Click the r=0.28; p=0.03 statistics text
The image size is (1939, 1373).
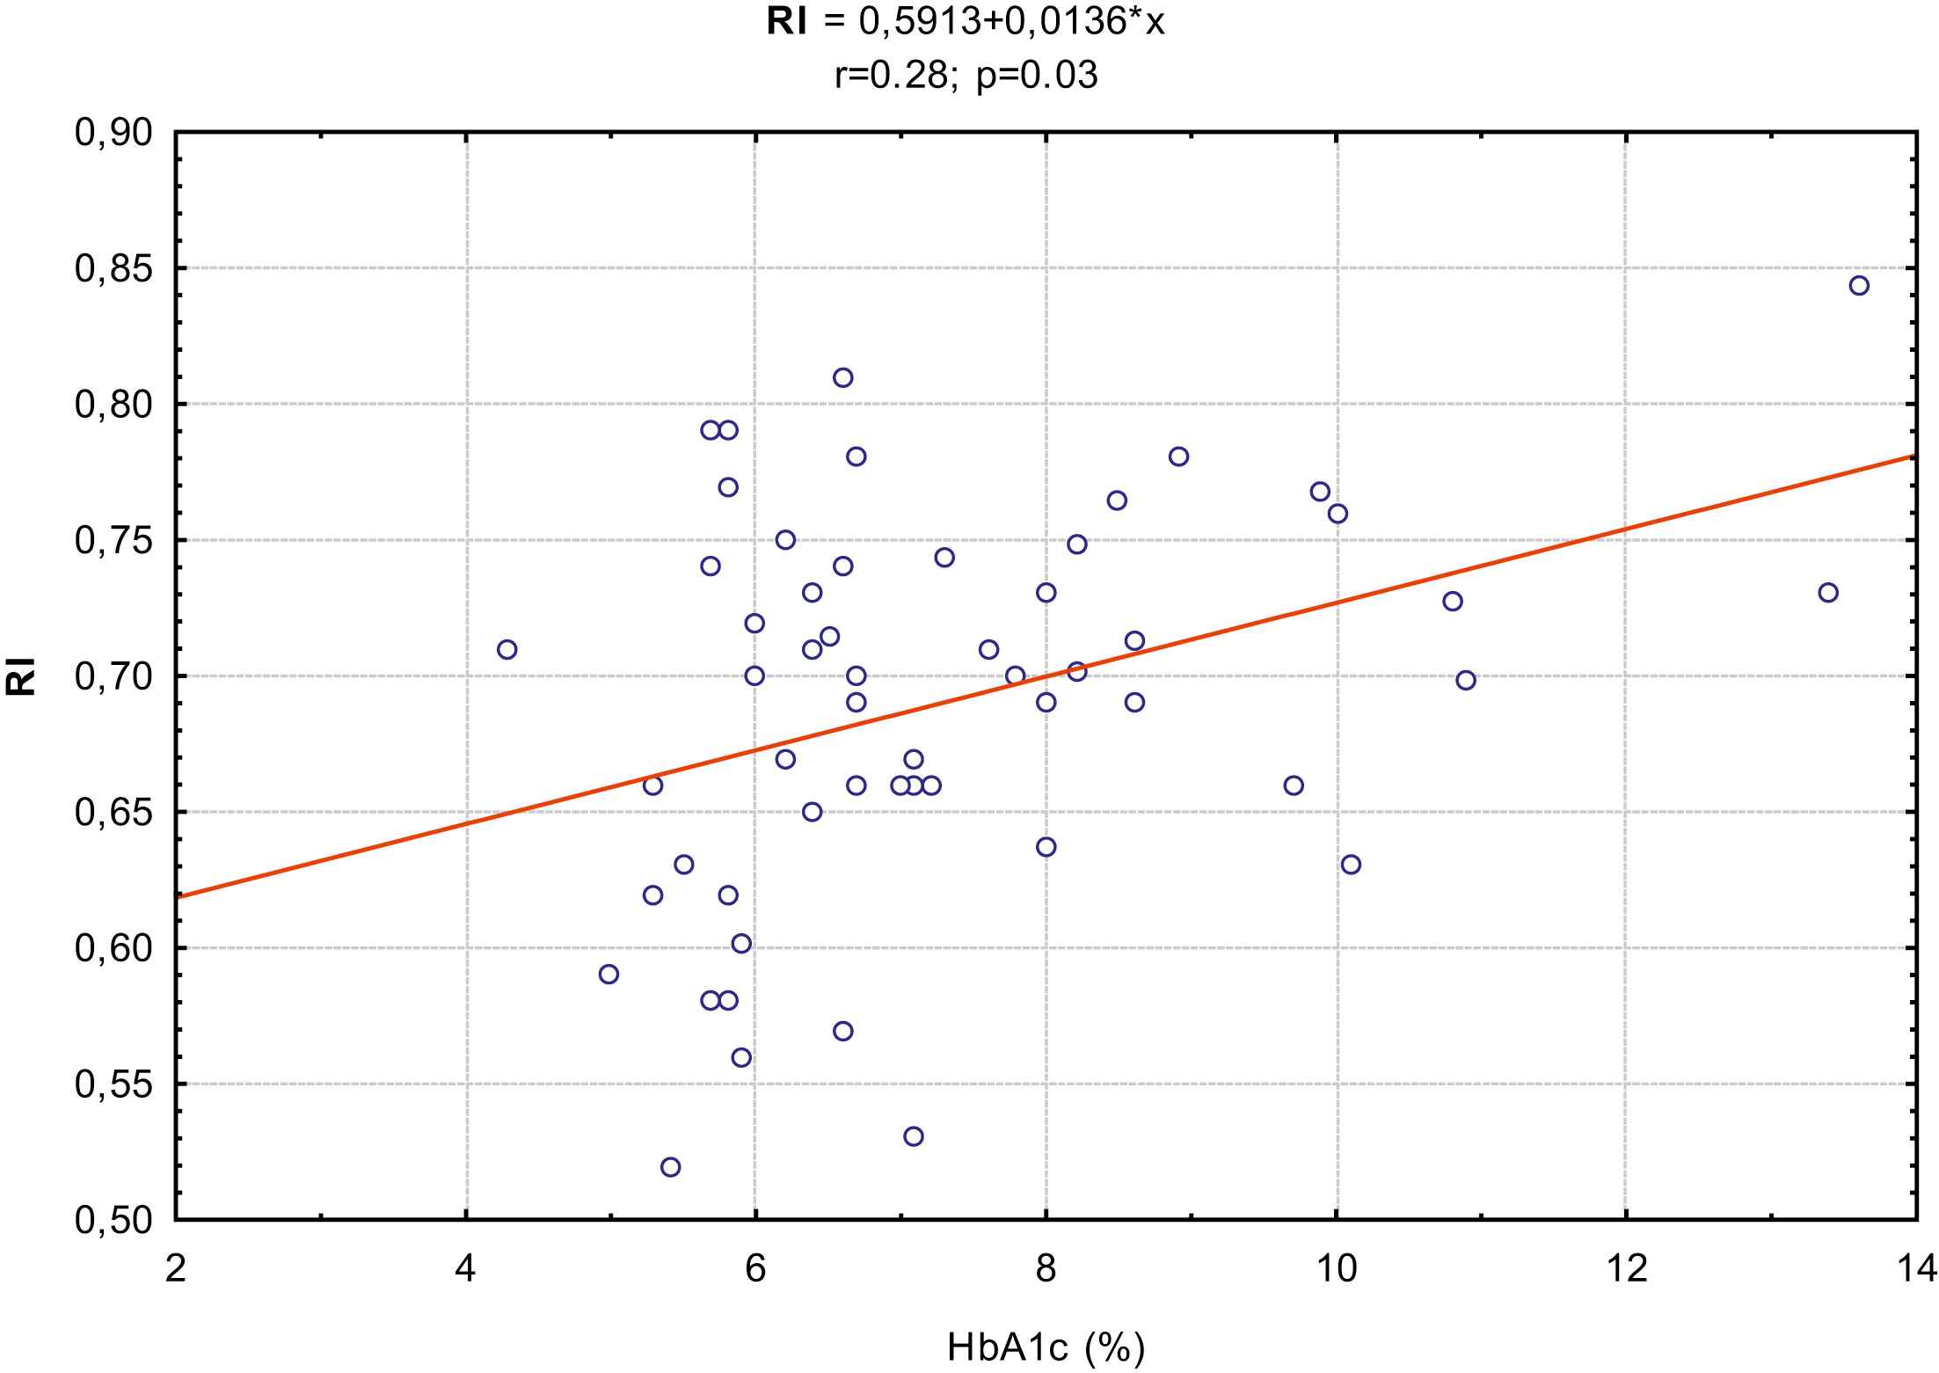966,77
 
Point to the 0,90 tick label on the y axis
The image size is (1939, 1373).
114,133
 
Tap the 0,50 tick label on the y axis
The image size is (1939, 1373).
114,1221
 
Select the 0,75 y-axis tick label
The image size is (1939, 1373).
114,541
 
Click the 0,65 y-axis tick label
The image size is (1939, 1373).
114,813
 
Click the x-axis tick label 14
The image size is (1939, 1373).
1916,1269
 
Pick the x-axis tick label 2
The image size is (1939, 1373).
176,1269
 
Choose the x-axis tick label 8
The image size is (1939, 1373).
1046,1269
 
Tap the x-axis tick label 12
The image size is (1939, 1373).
1626,1269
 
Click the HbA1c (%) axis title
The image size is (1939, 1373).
1046,1347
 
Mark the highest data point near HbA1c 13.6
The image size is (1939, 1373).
1859,286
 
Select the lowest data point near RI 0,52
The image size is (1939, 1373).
670,1167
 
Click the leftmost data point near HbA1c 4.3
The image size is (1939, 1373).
507,650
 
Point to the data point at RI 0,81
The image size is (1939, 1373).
842,378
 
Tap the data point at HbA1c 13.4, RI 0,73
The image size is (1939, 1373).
1828,593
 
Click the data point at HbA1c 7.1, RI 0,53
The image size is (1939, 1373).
914,1136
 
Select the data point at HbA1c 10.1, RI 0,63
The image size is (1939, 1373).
1351,865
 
